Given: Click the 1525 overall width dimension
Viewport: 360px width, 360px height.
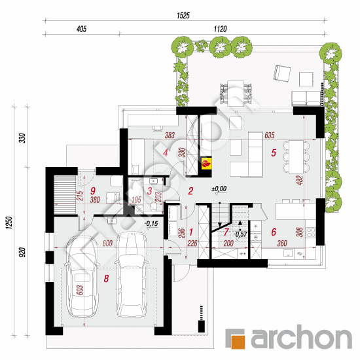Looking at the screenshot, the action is point(183,16).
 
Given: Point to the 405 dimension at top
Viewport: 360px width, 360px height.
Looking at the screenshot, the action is point(82,29).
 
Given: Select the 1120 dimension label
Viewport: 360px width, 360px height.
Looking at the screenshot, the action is point(220,29).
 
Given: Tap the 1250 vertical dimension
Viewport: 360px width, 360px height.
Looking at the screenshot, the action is point(9,223).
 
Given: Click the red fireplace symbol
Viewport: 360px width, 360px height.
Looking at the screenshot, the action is point(206,163).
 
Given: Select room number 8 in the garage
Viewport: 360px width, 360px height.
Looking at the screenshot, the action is point(106,278).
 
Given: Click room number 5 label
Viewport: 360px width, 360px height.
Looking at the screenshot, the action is point(274,153).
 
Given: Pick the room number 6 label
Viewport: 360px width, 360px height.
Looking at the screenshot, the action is point(274,232).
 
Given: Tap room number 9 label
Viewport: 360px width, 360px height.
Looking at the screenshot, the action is point(93,190).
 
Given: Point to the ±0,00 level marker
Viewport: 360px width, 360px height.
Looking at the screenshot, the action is point(219,189).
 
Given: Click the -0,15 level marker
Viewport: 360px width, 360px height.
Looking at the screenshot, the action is point(151,223).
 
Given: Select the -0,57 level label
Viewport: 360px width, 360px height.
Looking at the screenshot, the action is point(240,234).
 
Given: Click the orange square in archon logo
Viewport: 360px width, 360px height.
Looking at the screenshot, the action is point(238,342).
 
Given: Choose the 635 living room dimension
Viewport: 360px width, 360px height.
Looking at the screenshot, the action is point(270,135).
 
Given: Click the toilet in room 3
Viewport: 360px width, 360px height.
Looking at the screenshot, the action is point(153,206).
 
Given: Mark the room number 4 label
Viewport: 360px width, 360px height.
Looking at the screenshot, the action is point(166,153).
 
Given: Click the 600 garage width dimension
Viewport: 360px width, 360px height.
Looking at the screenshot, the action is point(107,243).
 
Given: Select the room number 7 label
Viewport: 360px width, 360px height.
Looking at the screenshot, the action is point(226,232).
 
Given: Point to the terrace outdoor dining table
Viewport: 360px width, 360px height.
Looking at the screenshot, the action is point(236,94).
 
